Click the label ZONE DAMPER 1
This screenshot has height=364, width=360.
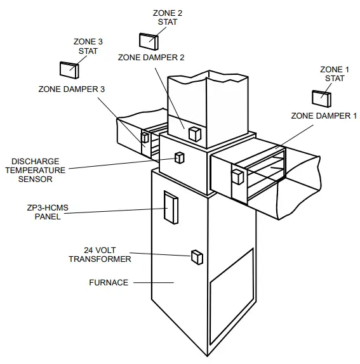[324, 116]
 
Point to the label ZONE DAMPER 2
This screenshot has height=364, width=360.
[151, 57]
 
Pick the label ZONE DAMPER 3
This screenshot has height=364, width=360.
[71, 89]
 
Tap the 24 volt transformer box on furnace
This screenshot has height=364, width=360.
[196, 256]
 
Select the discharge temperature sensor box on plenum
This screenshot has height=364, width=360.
[180, 157]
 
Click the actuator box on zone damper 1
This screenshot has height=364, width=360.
[237, 176]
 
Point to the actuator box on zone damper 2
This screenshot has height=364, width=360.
[194, 133]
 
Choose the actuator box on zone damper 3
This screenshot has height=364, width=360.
[145, 137]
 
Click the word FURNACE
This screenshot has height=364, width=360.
[109, 282]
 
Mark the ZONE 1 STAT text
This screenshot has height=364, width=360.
[334, 74]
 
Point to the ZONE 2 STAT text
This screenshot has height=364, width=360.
[168, 17]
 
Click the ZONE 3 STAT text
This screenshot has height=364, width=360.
[88, 46]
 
